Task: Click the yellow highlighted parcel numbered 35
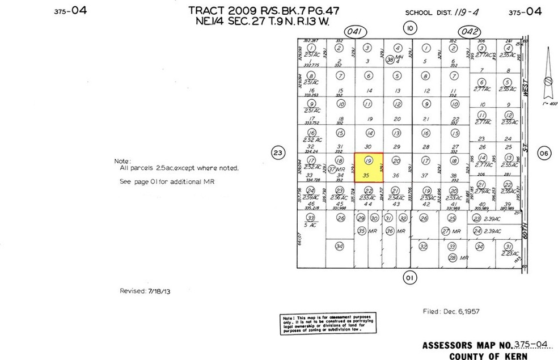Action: (x=368, y=168)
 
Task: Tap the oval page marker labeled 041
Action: (x=356, y=32)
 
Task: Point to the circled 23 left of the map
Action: (x=277, y=152)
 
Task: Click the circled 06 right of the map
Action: (x=543, y=152)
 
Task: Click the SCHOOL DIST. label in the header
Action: (x=426, y=12)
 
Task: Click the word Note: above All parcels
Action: (x=122, y=161)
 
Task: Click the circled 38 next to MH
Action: (x=390, y=60)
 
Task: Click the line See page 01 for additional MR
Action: (x=167, y=181)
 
